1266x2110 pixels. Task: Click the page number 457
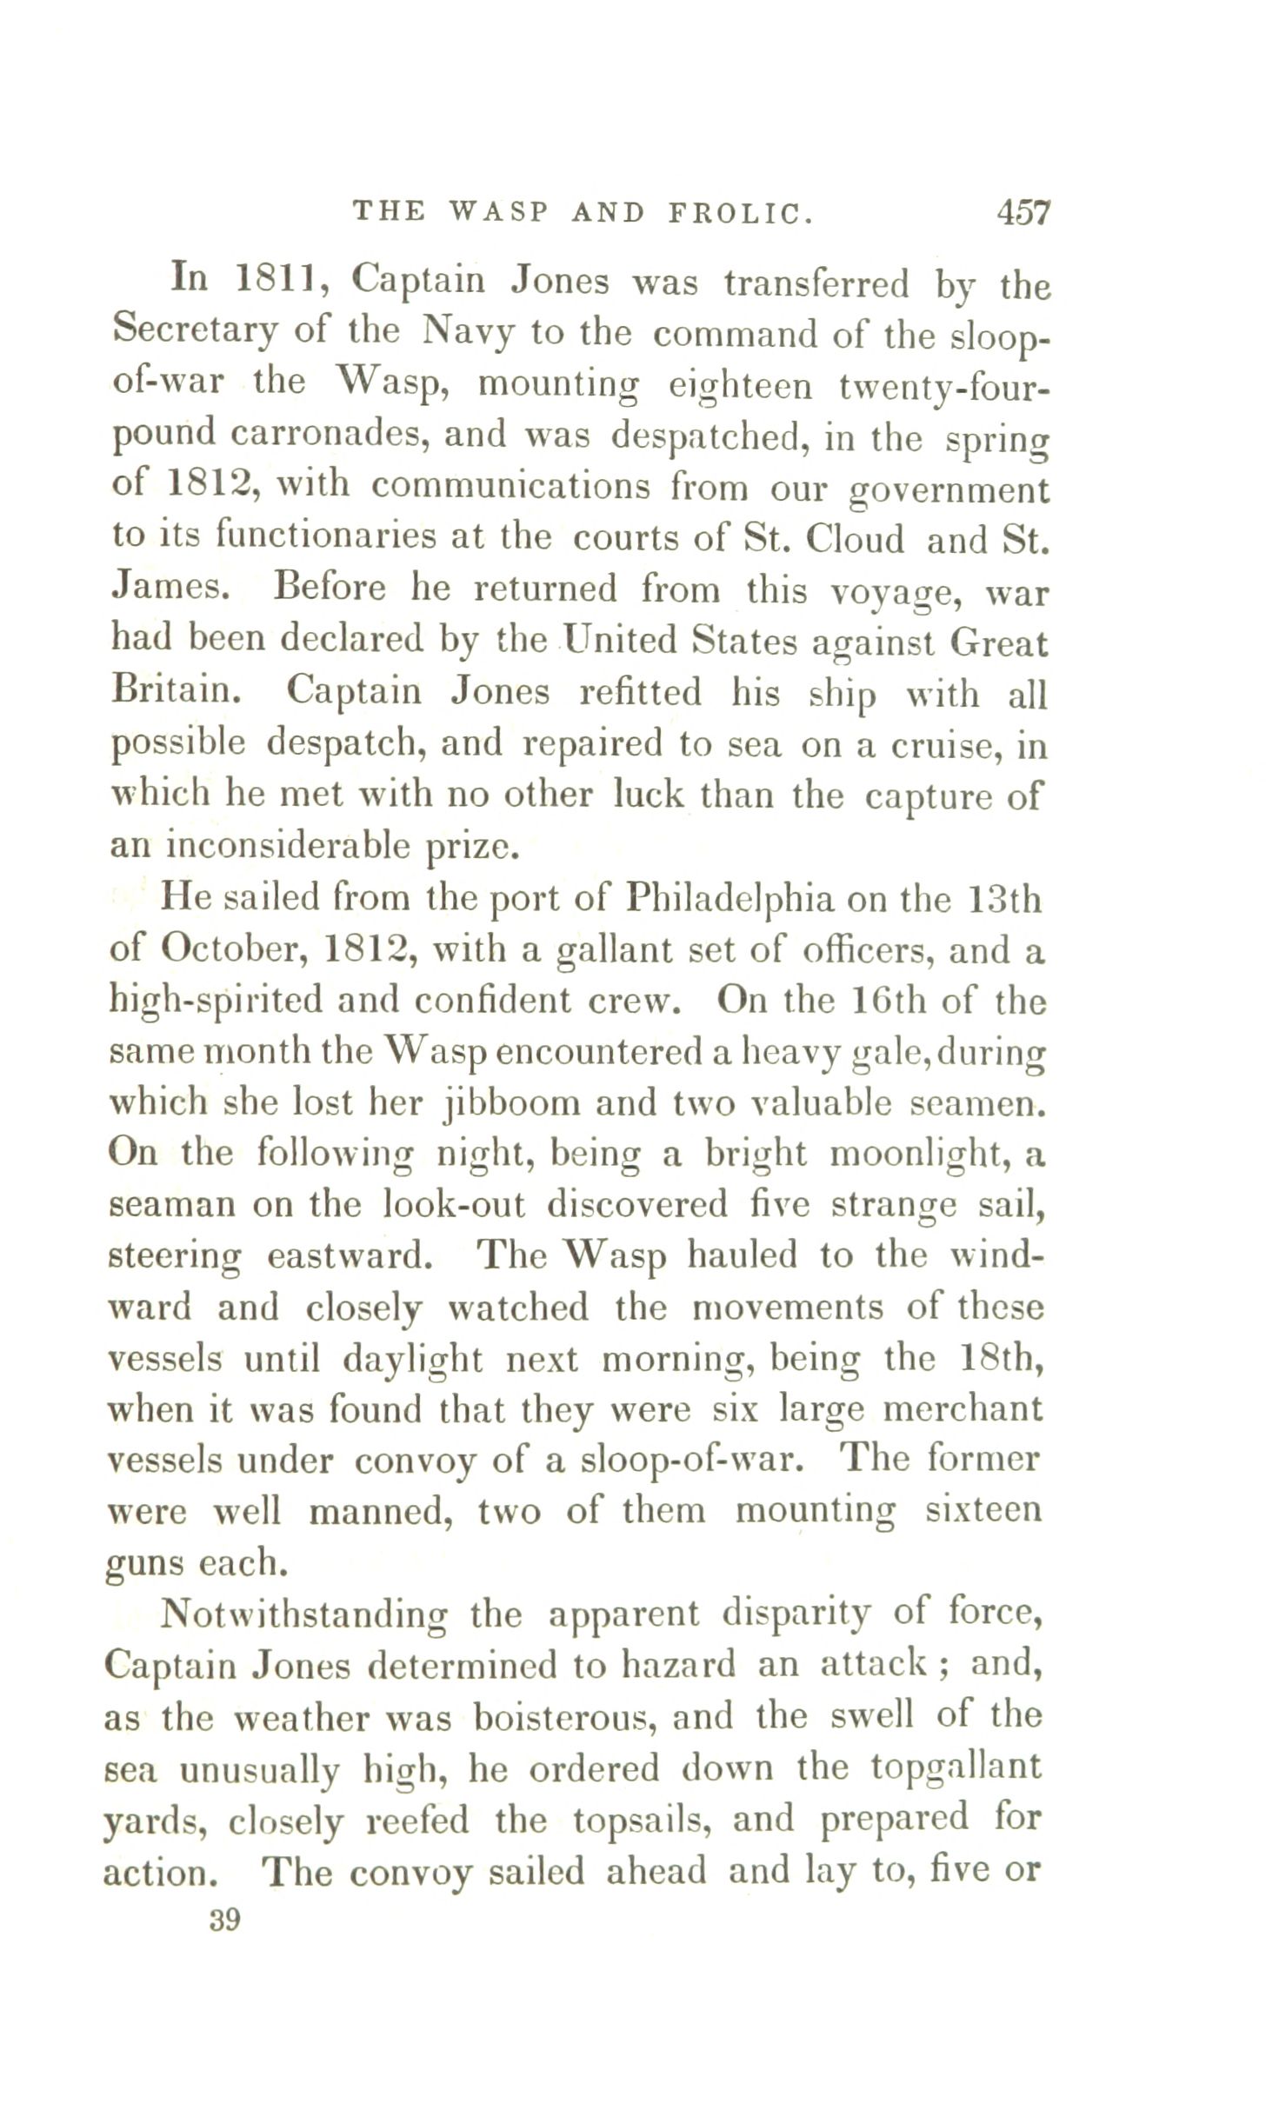click(1024, 212)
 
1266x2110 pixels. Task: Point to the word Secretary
click(196, 332)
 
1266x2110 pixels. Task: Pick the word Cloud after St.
click(856, 539)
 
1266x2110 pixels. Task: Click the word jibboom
click(508, 1103)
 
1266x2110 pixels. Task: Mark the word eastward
click(347, 1257)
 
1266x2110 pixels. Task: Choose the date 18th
click(1005, 1359)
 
